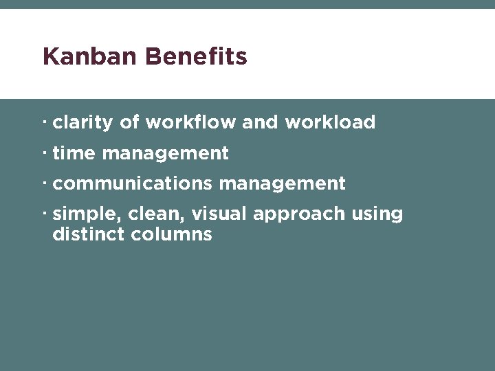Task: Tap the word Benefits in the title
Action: click(x=196, y=56)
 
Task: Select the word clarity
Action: click(x=82, y=123)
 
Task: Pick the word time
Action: click(x=74, y=153)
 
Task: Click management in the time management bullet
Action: click(x=165, y=154)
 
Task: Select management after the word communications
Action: click(x=282, y=184)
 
